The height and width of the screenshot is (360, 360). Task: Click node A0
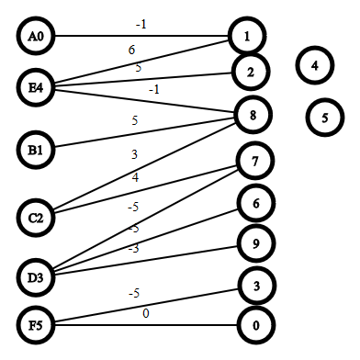(x=36, y=36)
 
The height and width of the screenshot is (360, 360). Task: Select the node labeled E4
(x=36, y=87)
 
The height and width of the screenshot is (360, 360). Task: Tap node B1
(x=36, y=150)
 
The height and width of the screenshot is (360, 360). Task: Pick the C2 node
(x=36, y=218)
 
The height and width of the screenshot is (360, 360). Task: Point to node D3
(x=36, y=277)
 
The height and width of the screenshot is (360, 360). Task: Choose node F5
(x=36, y=325)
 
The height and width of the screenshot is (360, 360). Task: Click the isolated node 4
(x=315, y=65)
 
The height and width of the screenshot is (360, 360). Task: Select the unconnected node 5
(x=325, y=118)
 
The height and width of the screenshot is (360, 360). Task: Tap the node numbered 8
(x=253, y=115)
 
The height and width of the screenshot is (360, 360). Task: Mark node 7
(x=254, y=161)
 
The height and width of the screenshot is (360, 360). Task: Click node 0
(x=256, y=325)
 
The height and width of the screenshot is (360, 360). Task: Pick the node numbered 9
(x=256, y=243)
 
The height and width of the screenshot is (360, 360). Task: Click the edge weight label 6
(x=131, y=50)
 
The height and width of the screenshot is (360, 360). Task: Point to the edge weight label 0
(x=146, y=313)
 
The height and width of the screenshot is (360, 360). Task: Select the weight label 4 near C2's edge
(x=135, y=177)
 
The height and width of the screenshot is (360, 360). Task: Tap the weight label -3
(x=134, y=249)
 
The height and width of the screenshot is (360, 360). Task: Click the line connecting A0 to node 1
(x=141, y=36)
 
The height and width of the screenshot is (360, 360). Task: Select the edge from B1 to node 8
(x=144, y=132)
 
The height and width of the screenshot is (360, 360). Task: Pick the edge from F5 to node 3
(x=146, y=306)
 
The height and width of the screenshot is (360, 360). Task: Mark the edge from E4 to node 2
(x=143, y=78)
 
